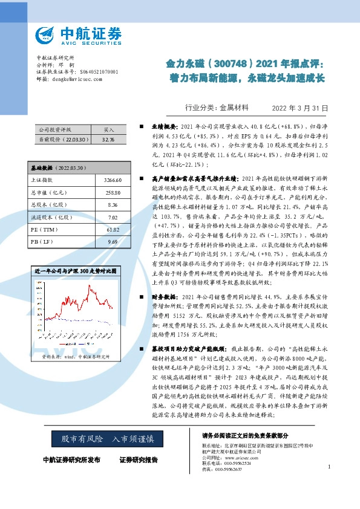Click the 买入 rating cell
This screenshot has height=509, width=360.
(109, 130)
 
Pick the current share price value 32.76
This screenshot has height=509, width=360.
(109, 139)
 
